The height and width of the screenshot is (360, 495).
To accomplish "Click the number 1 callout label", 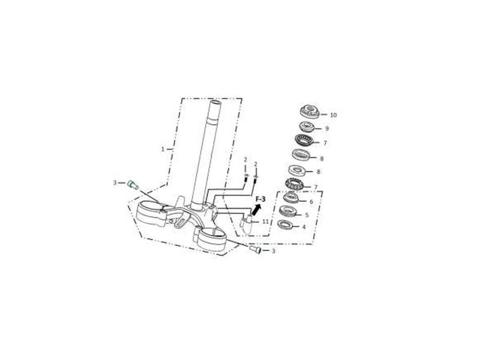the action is pos(163,149).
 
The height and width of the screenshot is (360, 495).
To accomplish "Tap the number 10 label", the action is pos(333,115).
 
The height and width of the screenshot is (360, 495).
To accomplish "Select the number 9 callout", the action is pos(327,129).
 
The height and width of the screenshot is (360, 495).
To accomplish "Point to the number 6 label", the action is pos(311,202).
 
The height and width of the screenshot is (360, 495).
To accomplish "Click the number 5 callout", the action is pos(307,215).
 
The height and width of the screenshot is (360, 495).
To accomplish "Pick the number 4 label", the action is pos(304,227).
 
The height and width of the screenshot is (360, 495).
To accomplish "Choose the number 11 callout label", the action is pos(265,221).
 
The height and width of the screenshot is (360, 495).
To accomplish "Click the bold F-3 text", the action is pos(261,199).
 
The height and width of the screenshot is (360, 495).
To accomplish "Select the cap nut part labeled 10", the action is pos(310,112).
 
